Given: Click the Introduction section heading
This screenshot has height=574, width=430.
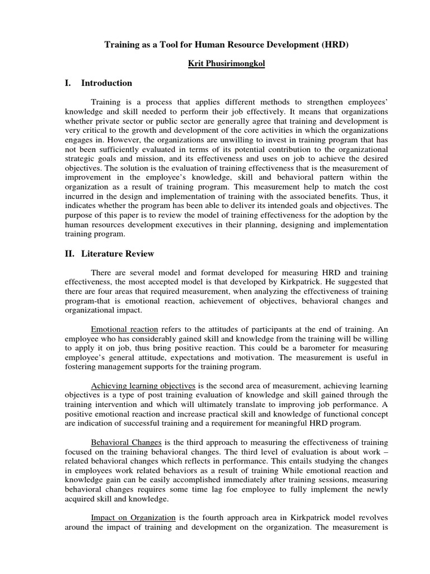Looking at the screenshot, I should tap(106, 84).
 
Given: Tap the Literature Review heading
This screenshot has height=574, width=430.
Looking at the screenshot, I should tap(118, 254).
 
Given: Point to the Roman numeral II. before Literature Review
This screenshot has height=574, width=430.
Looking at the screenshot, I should tap(70, 254).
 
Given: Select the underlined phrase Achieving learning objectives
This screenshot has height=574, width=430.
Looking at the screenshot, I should tap(143, 386).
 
